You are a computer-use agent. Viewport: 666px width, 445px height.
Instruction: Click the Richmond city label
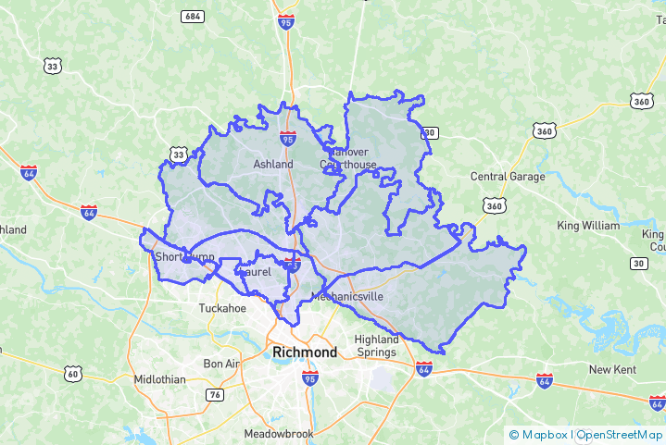pyautogui.click(x=305, y=352)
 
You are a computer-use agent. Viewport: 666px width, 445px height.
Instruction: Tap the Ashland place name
pyautogui.click(x=273, y=165)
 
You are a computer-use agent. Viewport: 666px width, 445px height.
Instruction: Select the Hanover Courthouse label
pyautogui.click(x=348, y=158)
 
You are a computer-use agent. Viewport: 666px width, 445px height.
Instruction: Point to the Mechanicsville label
pyautogui.click(x=346, y=296)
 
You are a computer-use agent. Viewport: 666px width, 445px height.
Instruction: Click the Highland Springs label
pyautogui.click(x=376, y=346)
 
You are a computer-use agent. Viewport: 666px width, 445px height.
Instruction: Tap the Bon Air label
pyautogui.click(x=221, y=364)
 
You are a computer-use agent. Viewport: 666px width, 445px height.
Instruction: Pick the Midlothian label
pyautogui.click(x=159, y=379)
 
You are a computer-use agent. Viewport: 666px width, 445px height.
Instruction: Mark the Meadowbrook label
pyautogui.click(x=279, y=433)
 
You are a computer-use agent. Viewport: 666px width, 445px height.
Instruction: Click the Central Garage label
pyautogui.click(x=508, y=177)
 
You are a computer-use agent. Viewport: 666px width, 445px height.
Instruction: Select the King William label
pyautogui.click(x=588, y=226)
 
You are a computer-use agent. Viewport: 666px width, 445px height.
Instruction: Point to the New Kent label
pyautogui.click(x=613, y=369)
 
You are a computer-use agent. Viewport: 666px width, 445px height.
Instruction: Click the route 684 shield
pyautogui.click(x=194, y=17)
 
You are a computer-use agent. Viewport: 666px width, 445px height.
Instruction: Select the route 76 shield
pyautogui.click(x=215, y=395)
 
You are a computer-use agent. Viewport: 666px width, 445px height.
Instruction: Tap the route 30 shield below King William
pyautogui.click(x=638, y=264)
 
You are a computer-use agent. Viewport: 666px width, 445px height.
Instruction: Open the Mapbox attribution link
pyautogui.click(x=540, y=434)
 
